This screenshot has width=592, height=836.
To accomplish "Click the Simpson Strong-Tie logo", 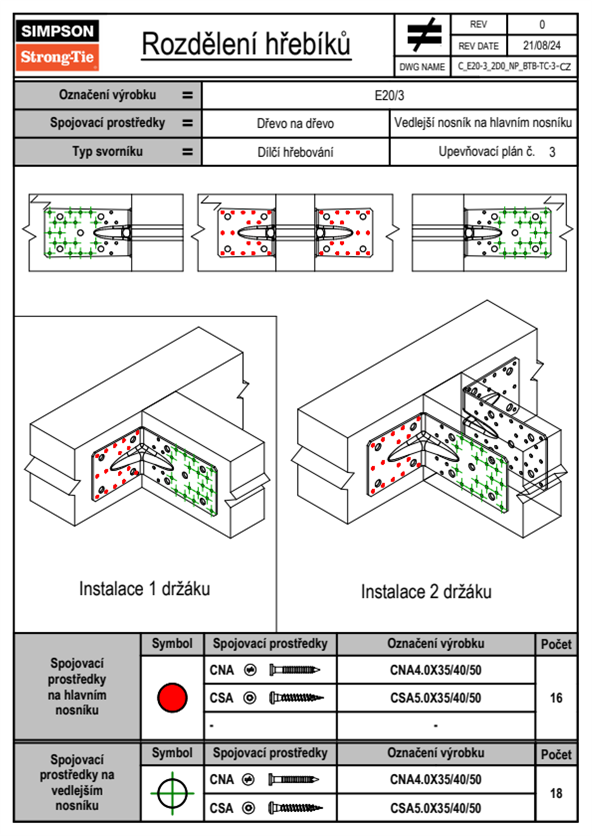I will click(x=57, y=45).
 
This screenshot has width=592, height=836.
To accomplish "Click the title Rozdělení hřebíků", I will click(x=246, y=44).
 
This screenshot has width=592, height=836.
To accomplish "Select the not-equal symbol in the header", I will click(x=424, y=35).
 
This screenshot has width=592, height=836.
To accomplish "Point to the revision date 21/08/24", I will click(x=541, y=46).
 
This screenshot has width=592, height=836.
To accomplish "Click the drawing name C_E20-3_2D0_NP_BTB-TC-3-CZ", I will click(x=514, y=67).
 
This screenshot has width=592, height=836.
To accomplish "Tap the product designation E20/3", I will click(x=389, y=95).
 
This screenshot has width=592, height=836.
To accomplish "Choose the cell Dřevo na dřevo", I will click(x=295, y=124).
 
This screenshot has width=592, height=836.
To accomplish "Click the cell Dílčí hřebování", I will click(x=295, y=152).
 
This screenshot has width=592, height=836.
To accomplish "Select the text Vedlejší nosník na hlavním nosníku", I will click(x=483, y=123).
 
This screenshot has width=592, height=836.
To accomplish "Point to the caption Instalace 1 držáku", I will click(x=144, y=589).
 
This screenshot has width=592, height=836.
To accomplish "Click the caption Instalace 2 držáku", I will click(x=426, y=592).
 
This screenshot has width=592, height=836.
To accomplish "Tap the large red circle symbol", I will click(x=172, y=697).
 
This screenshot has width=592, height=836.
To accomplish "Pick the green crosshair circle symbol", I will click(x=172, y=793).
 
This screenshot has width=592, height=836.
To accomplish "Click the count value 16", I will click(x=556, y=698).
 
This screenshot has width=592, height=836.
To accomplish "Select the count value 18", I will click(x=556, y=793).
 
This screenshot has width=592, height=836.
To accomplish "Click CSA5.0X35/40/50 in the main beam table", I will click(x=435, y=698).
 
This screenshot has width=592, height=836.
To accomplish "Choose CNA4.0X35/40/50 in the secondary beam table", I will click(x=435, y=779).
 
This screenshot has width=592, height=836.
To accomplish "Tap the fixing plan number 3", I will click(x=552, y=152).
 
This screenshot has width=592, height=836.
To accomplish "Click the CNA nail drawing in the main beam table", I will click(x=294, y=670).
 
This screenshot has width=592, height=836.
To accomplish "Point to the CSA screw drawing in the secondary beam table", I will click(x=295, y=808).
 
